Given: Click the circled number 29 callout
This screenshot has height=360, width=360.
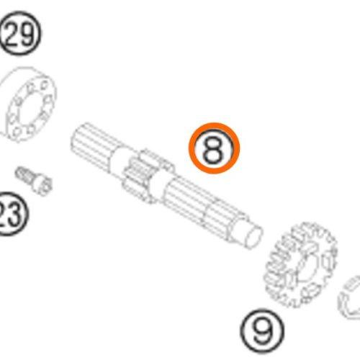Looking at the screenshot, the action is point(20,34).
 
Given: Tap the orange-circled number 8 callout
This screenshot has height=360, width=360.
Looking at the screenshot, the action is point(215,148).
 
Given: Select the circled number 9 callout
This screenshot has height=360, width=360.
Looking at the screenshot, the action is point(262,331).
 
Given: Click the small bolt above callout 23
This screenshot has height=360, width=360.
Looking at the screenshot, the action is point(34,180).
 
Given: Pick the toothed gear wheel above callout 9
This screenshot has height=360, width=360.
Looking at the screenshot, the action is point(302,265).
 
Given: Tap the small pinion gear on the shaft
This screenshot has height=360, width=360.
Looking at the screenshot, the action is point(144,175).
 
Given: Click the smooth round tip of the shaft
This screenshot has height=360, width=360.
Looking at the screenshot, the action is point(254,235).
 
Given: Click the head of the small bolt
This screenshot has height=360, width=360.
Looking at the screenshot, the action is point(42,184).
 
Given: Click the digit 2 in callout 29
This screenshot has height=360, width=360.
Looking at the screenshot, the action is point(12,34).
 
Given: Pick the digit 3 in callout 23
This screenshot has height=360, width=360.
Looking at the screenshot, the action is point(17,214).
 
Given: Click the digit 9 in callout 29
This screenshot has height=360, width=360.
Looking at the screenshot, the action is point(27,34).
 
